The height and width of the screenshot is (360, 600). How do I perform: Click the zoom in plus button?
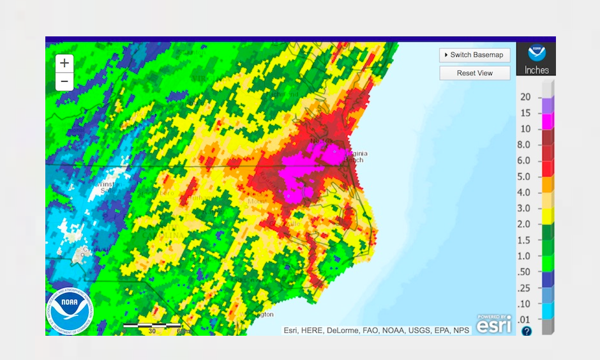click(x=64, y=63)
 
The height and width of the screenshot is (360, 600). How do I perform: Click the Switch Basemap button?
click(x=475, y=55)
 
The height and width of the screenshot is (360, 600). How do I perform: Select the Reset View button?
click(x=475, y=73)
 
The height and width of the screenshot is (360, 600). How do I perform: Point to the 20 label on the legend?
click(x=525, y=97)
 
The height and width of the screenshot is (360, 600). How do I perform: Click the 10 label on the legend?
click(x=525, y=129)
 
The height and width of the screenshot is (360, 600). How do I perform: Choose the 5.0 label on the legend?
click(x=523, y=177)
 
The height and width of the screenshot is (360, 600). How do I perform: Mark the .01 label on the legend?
click(x=523, y=319)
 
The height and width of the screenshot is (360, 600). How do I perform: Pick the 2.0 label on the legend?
click(x=523, y=224)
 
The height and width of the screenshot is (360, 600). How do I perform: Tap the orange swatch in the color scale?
click(x=548, y=184)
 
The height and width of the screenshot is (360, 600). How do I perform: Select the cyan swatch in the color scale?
click(x=548, y=310)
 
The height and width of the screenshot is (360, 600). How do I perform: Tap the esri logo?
click(x=494, y=324)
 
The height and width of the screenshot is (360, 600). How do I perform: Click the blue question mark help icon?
click(x=527, y=331)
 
